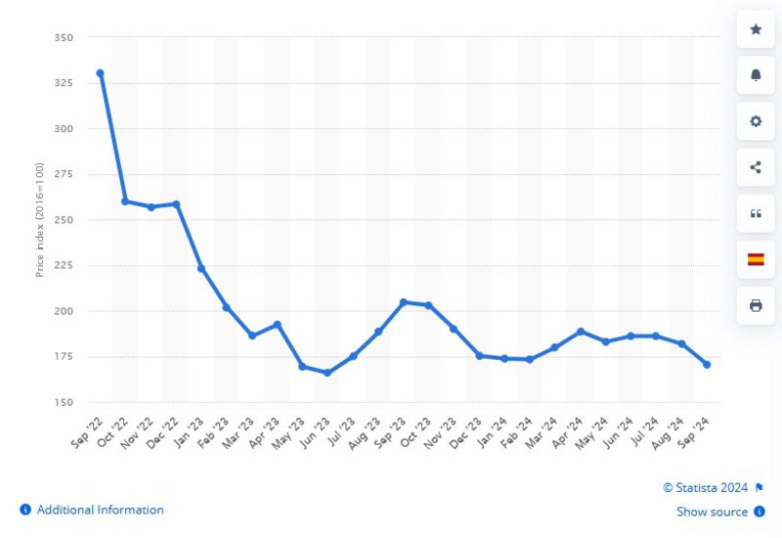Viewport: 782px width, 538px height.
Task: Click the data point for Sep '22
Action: pyautogui.click(x=100, y=72)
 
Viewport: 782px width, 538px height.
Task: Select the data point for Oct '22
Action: pyautogui.click(x=125, y=202)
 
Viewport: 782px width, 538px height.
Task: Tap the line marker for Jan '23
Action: pyautogui.click(x=201, y=268)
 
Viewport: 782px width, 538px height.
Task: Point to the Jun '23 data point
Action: pyautogui.click(x=327, y=373)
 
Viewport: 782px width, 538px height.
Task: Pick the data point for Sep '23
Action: pyautogui.click(x=404, y=302)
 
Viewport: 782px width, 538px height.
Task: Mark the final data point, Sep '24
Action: pyautogui.click(x=707, y=365)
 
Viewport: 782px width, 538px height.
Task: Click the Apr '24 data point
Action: pyautogui.click(x=581, y=332)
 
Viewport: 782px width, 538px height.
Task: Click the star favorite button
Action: pyautogui.click(x=756, y=29)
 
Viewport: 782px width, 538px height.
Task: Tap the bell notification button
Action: pyautogui.click(x=756, y=75)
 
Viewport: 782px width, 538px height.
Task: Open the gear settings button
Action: pyautogui.click(x=756, y=121)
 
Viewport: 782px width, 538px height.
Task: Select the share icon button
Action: pyautogui.click(x=756, y=167)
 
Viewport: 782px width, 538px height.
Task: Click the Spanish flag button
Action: pyautogui.click(x=756, y=259)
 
